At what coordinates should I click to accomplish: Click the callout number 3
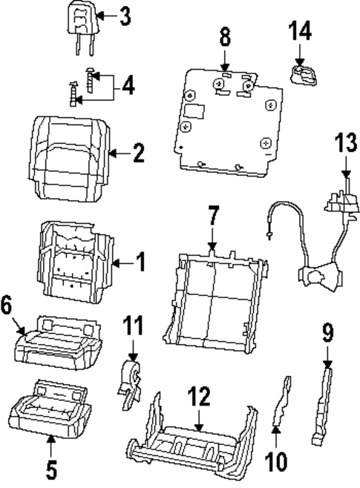(124, 15)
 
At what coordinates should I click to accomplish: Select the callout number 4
(128, 86)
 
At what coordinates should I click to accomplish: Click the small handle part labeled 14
(301, 74)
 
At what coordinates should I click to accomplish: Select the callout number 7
(213, 217)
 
